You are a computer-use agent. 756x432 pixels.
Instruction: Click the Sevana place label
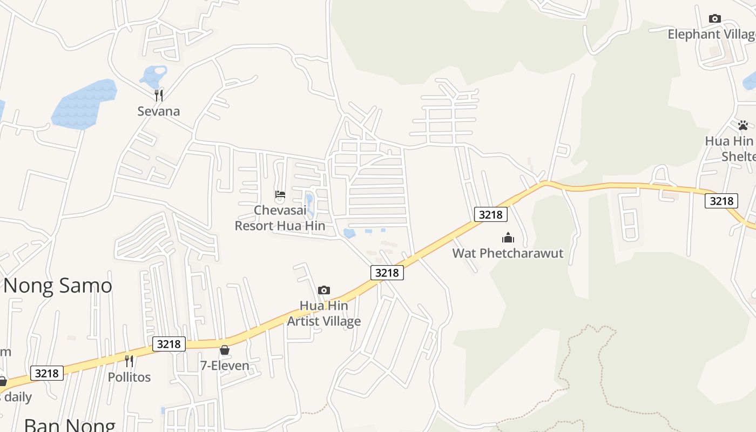[x=158, y=111]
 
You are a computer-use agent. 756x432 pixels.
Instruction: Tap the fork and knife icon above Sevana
[x=158, y=96]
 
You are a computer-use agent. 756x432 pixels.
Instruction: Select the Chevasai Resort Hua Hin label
[x=280, y=218]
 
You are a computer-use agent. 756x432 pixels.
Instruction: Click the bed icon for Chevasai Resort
[x=280, y=194]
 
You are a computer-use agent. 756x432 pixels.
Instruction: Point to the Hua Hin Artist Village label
[x=323, y=313]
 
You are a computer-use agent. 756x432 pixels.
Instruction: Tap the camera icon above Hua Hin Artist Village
[x=323, y=291]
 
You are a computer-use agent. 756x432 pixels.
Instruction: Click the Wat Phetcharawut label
[x=508, y=253]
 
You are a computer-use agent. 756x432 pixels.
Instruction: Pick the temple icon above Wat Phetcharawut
[x=508, y=238]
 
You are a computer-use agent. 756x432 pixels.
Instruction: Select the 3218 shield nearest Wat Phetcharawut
[x=490, y=214]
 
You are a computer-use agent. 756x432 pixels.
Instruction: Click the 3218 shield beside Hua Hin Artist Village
[x=387, y=273]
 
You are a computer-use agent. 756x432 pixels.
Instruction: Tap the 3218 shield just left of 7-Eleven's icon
[x=168, y=343]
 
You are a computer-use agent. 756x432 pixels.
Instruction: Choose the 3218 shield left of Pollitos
[x=46, y=373]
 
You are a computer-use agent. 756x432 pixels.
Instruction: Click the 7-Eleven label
[x=225, y=366]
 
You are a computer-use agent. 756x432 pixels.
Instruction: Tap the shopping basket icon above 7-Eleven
[x=225, y=350]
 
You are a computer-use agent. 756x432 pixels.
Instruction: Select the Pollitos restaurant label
[x=129, y=377]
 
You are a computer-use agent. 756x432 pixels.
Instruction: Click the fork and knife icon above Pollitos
[x=129, y=361]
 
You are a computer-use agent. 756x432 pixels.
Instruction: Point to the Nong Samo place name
[x=58, y=285]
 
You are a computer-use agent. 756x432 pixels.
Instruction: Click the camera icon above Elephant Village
[x=714, y=19]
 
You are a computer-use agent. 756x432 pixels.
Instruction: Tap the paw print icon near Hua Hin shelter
[x=743, y=126]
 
